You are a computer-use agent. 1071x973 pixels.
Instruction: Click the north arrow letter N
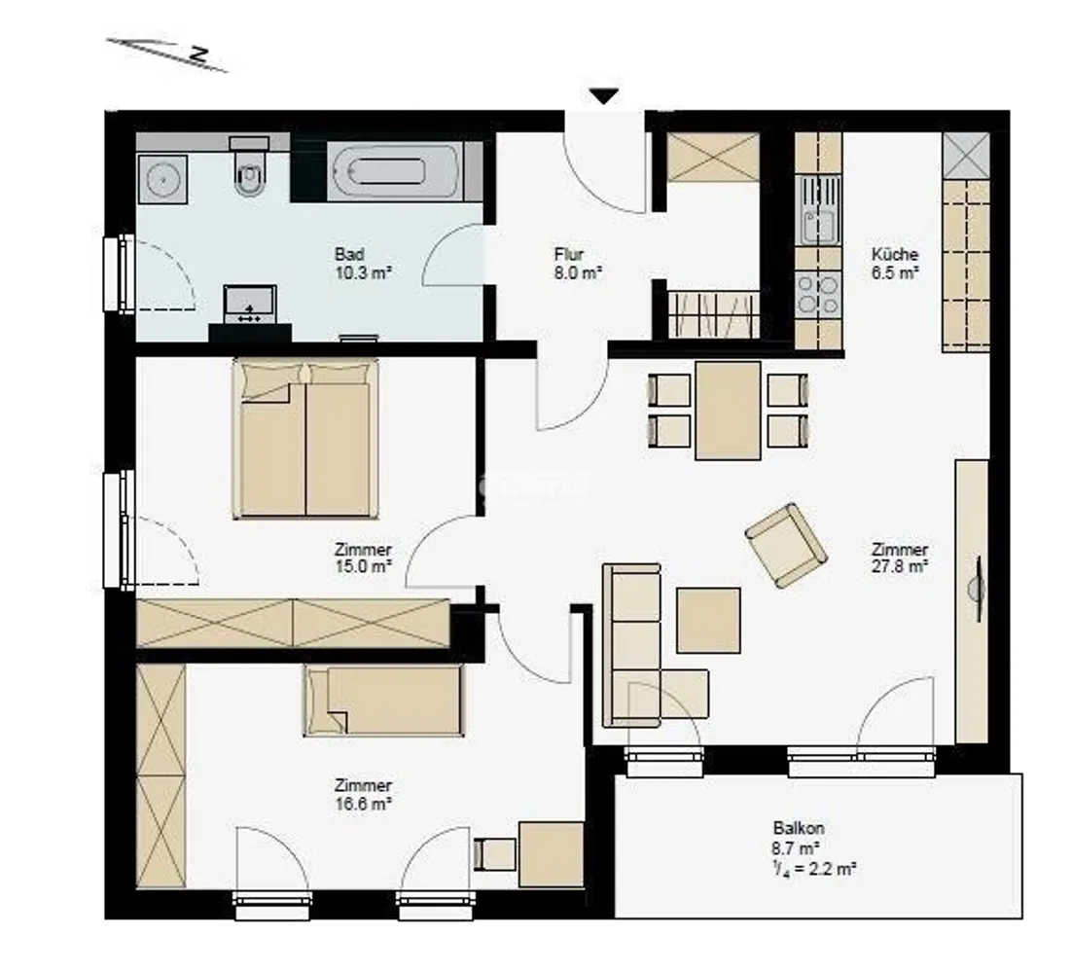(198, 54)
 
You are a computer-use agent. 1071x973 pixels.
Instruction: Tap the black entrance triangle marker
(604, 96)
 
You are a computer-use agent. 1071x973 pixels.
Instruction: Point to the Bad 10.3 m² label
(362, 264)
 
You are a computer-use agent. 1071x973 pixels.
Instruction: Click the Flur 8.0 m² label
(578, 264)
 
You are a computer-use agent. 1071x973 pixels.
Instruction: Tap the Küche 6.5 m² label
(895, 263)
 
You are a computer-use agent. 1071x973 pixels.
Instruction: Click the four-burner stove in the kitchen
(819, 294)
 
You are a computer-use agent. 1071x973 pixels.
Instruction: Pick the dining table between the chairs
(729, 411)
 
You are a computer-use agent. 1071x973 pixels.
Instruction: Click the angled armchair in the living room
(786, 545)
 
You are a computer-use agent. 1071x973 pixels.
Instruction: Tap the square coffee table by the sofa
(708, 620)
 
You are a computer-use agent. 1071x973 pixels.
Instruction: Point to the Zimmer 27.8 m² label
(900, 558)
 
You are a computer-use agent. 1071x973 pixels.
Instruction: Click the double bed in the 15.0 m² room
(305, 439)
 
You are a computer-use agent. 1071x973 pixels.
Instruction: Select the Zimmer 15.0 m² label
(363, 558)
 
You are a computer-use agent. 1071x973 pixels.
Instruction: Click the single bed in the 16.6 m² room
(383, 702)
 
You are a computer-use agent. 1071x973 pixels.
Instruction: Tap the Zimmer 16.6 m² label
(363, 795)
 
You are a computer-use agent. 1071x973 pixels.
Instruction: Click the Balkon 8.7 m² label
(814, 847)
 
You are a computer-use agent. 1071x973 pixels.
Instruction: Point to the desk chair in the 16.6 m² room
(494, 854)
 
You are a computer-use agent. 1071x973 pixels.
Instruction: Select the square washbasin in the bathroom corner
(162, 179)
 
